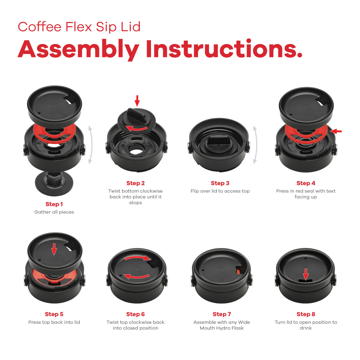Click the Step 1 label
(54, 204)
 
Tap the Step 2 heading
(135, 183)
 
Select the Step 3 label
(220, 183)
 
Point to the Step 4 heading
(306, 183)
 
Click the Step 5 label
(54, 314)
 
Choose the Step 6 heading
(135, 314)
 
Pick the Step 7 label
(222, 314)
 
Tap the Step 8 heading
(306, 314)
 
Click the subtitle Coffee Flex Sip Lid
(79, 27)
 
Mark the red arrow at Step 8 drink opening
(306, 274)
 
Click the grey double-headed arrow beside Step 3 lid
(255, 145)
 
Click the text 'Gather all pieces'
(54, 212)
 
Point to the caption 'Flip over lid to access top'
(220, 191)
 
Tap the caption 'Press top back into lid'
(54, 322)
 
